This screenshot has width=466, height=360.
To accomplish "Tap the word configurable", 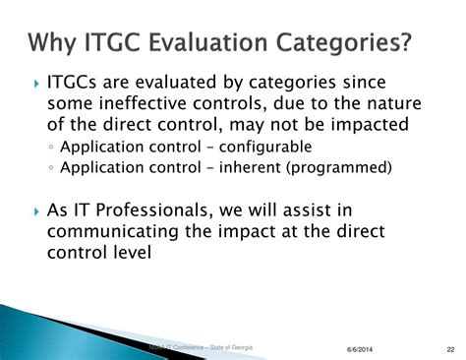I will coord(258,146).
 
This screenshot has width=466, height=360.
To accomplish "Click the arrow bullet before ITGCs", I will coord(35,81).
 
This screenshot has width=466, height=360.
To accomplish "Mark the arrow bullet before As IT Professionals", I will coord(35,210).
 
